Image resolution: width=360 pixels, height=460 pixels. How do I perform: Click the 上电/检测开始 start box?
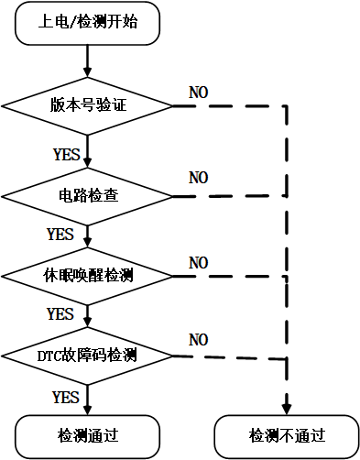(x=88, y=22)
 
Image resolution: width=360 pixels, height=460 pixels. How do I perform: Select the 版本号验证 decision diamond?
(x=88, y=105)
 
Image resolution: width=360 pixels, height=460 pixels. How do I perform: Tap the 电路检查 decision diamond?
(x=88, y=195)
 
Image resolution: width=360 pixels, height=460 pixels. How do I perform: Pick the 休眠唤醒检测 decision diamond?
(x=88, y=275)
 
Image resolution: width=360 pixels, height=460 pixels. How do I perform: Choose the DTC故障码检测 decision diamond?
(x=88, y=355)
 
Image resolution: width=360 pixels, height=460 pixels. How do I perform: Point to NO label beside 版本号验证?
(x=199, y=93)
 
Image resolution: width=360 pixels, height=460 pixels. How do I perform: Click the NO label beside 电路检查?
(x=199, y=176)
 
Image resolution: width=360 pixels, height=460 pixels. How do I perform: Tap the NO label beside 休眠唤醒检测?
(x=199, y=263)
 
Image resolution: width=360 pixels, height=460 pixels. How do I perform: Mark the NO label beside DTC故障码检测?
(x=199, y=340)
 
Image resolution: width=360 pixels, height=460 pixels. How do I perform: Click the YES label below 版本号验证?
(x=66, y=154)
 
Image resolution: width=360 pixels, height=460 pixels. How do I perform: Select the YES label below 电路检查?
(x=60, y=234)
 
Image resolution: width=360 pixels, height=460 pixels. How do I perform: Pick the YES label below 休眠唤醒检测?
(x=60, y=313)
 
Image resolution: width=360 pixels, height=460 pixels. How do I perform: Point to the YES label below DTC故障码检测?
(x=66, y=397)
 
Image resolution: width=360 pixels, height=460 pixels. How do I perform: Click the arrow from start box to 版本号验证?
(x=88, y=58)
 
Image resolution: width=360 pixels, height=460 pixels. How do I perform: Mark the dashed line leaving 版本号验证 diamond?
(x=229, y=106)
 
